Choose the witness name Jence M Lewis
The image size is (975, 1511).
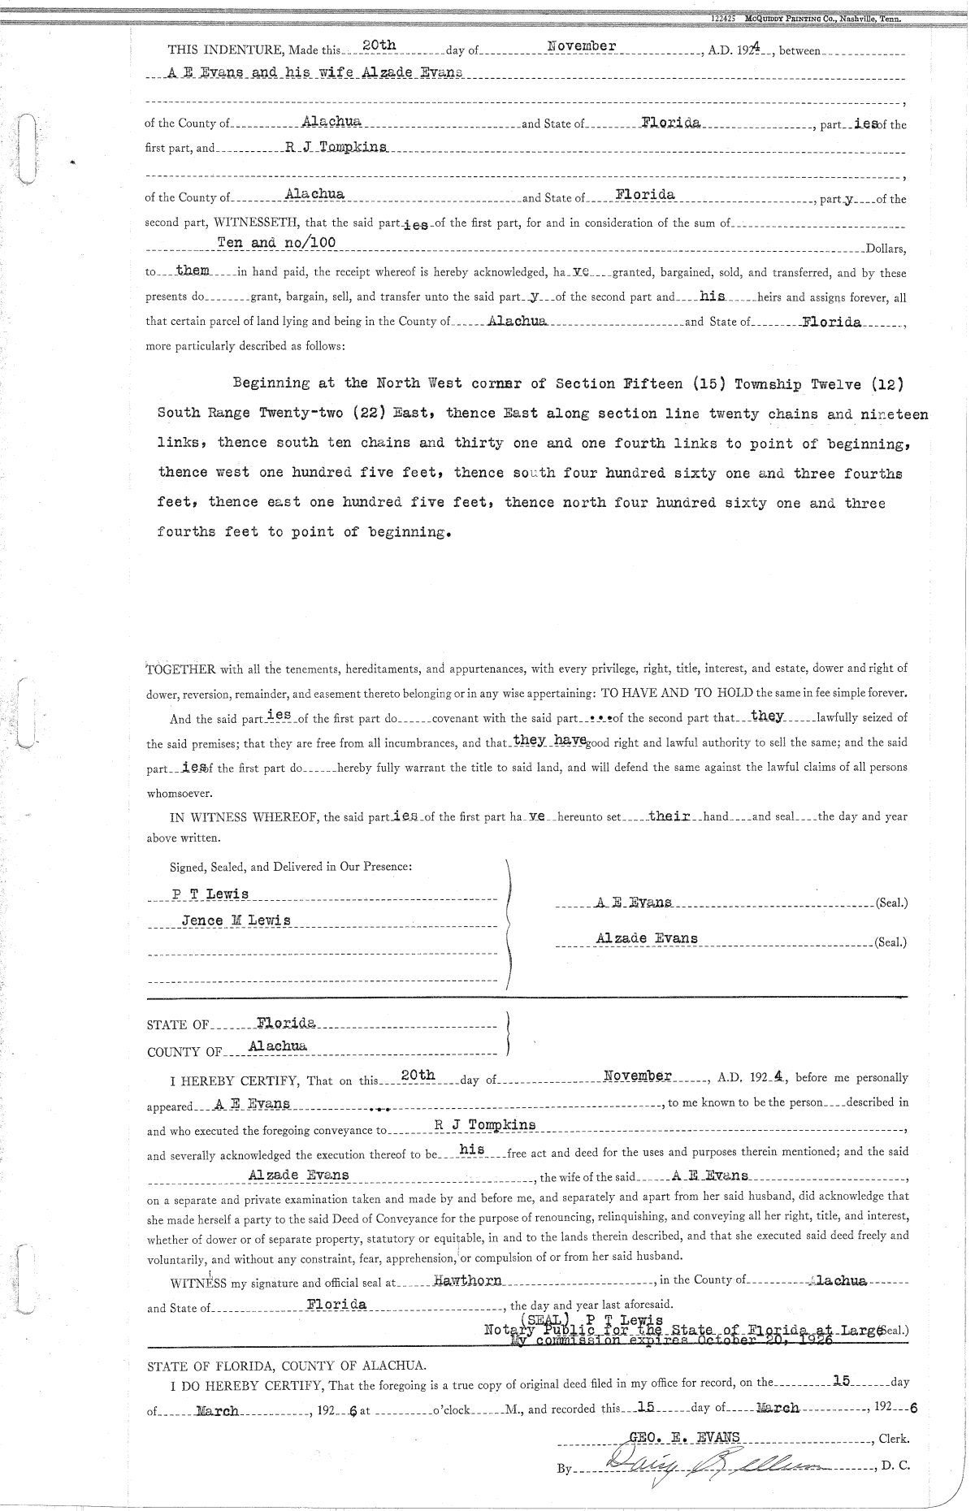click(236, 920)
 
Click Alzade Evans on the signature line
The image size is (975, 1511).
click(646, 938)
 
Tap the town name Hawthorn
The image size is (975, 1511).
click(468, 1279)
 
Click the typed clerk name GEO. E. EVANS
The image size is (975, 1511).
click(679, 1436)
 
